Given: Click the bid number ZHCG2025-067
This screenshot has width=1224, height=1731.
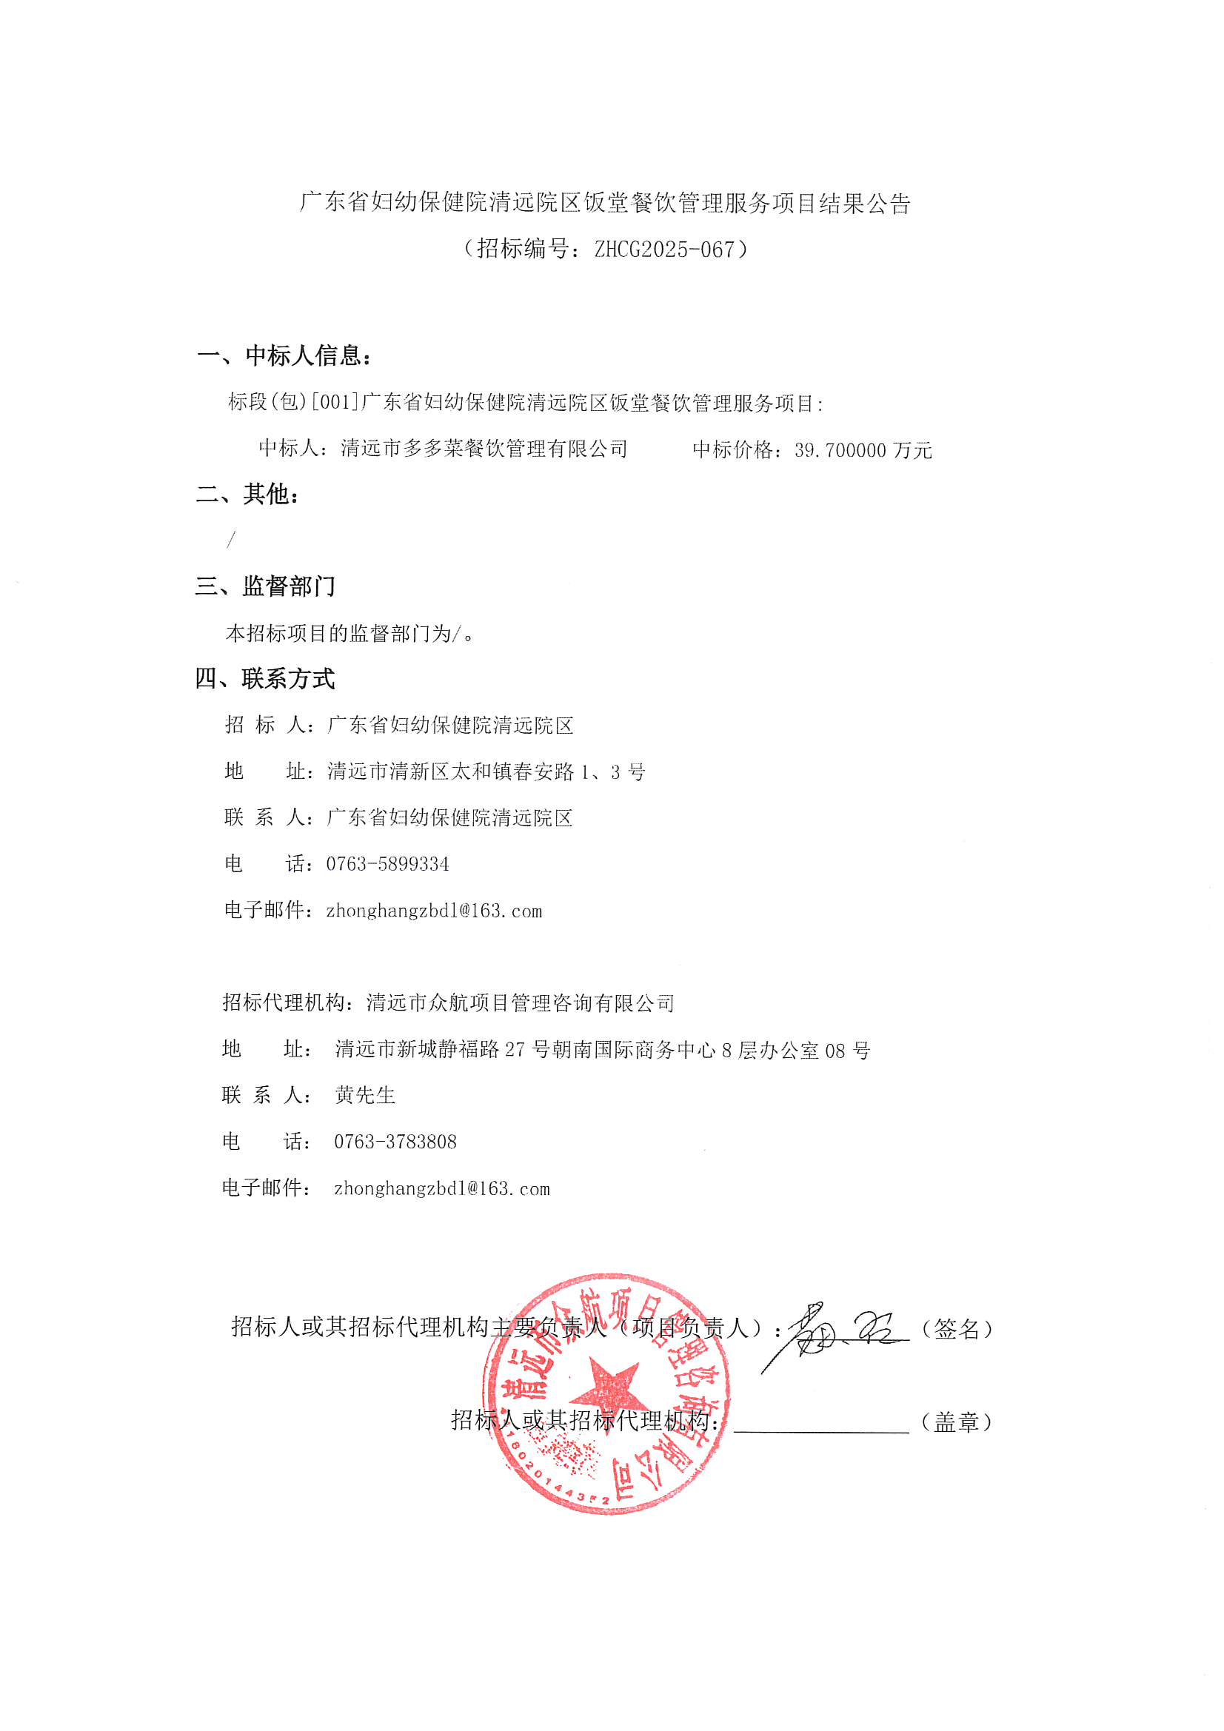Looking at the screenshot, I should (663, 250).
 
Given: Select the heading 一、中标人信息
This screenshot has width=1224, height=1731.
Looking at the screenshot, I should (284, 355).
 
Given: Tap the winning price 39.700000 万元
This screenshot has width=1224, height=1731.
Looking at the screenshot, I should (863, 450).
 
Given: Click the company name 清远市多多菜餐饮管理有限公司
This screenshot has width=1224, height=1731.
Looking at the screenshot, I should (484, 449).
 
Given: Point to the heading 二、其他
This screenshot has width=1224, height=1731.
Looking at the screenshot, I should (248, 494).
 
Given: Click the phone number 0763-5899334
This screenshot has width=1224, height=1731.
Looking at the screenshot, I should (388, 864).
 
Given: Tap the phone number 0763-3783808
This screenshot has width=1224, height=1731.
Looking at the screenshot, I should (395, 1142).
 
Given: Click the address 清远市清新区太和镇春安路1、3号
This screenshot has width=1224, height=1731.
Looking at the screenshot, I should (486, 771).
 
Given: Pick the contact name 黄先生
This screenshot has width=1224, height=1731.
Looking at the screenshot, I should (365, 1095).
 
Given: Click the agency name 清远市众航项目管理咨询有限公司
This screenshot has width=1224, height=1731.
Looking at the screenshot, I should (521, 1002).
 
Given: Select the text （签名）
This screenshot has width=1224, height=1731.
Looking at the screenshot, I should (956, 1329).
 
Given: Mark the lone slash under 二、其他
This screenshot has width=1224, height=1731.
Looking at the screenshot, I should (232, 540).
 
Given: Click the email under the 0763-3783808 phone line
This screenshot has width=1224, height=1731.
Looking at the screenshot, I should (442, 1188).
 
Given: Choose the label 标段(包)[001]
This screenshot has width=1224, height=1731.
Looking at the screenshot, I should (294, 402).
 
